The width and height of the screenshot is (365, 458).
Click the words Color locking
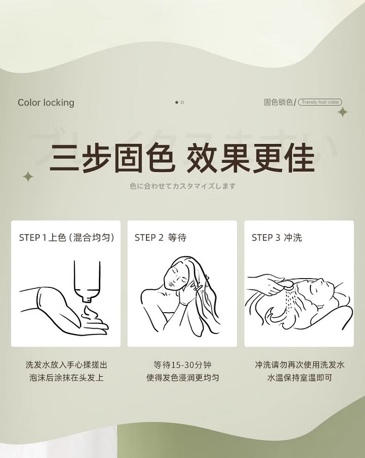pos(46,103)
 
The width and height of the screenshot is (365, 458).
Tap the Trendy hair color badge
pos(320,102)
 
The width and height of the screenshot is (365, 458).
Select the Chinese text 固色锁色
pos(278,102)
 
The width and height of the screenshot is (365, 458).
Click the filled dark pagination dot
pos(177,102)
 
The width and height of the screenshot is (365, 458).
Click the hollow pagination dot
pos(182,102)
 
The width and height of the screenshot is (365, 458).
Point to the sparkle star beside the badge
pos(343,112)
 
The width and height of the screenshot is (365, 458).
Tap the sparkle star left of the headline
pos(28,176)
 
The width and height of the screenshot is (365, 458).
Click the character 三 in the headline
pos(65,158)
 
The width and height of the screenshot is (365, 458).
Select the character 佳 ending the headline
pos(300,158)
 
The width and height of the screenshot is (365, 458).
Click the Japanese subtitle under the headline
pos(182,186)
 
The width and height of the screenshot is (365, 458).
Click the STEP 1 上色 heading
pos(66,237)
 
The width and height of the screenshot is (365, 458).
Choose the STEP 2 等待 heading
pos(160,237)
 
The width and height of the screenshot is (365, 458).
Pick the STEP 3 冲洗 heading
pos(277,237)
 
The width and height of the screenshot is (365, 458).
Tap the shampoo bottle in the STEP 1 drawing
pos(87,281)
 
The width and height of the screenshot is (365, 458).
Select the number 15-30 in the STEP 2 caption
pos(182,365)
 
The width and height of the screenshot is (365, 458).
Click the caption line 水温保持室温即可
pos(299,378)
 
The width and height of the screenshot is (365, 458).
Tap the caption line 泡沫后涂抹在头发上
pos(66,378)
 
